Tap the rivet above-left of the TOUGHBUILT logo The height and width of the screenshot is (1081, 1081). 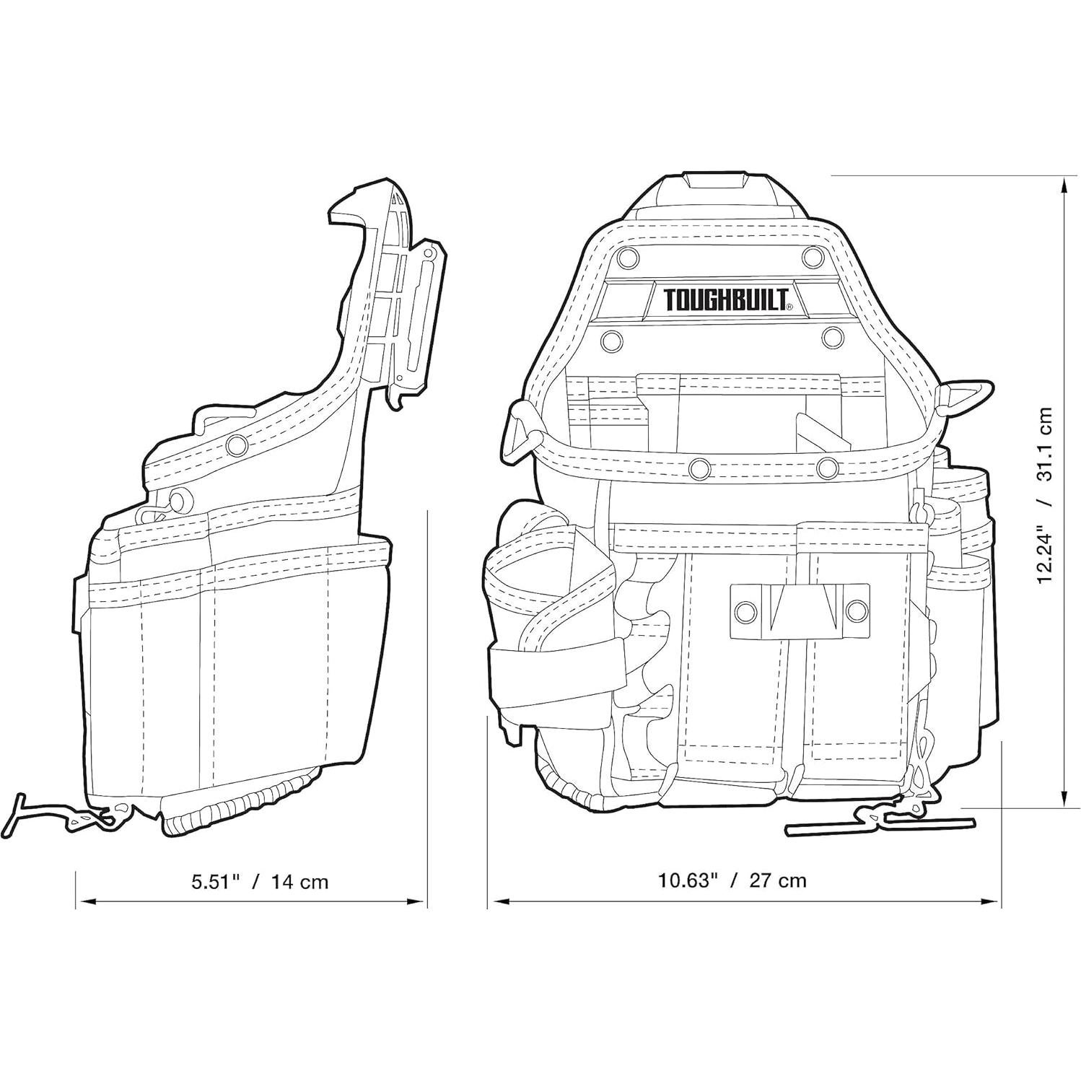(626, 255)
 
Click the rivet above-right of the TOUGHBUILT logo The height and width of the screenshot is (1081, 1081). (814, 255)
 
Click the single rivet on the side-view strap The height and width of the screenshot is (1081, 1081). (235, 445)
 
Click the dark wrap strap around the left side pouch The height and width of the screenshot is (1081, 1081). (556, 674)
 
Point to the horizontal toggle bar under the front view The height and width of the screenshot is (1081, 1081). (880, 826)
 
